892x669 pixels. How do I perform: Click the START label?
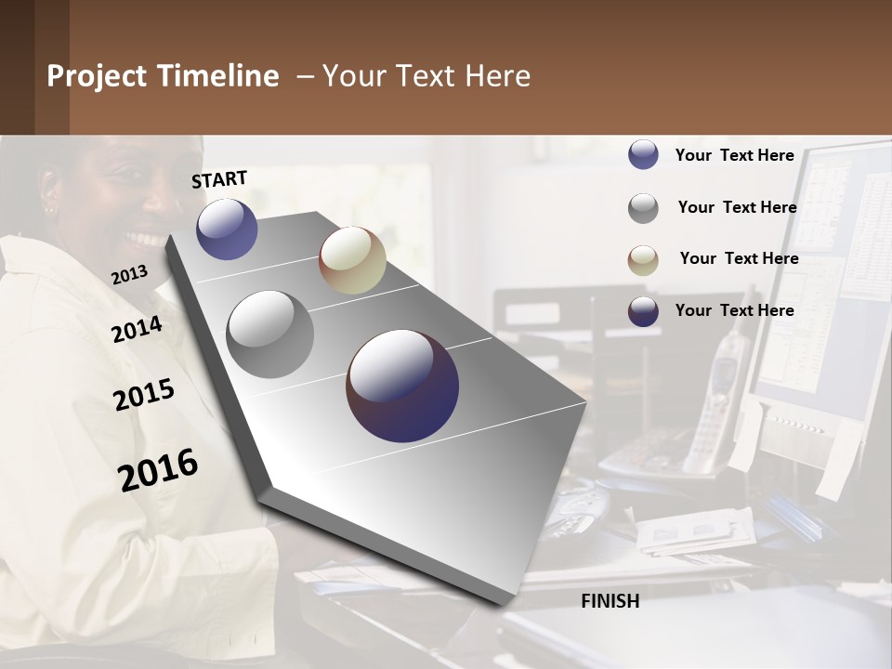point(219,179)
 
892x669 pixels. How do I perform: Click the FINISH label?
point(610,601)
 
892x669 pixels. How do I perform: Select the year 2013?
point(129,275)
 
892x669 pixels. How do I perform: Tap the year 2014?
point(137,329)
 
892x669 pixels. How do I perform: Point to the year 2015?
point(144,394)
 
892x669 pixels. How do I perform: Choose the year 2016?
point(158,469)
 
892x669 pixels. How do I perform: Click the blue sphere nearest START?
point(227,229)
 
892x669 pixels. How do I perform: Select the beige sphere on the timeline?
point(352,260)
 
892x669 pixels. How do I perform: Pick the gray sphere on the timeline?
point(270,334)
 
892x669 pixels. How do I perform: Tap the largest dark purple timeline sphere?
point(402,386)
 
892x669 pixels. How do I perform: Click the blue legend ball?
point(643,154)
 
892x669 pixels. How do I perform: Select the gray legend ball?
point(643,208)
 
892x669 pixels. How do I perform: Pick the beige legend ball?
point(643,260)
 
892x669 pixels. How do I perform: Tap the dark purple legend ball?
point(643,311)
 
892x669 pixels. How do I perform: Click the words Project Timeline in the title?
point(163,76)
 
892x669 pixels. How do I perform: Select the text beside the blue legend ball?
point(734,155)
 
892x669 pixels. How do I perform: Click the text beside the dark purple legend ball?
point(734,310)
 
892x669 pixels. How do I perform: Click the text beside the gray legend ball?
point(737,207)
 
